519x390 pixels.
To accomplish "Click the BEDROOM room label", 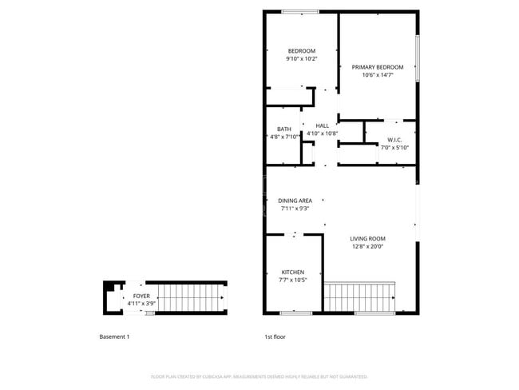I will pyautogui.click(x=302, y=51).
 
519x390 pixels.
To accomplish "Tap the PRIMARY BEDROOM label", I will pyautogui.click(x=378, y=67).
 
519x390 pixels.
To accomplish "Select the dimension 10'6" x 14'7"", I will pyautogui.click(x=378, y=75).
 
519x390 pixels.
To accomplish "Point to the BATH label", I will pyautogui.click(x=283, y=129).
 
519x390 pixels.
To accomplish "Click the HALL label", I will pyautogui.click(x=322, y=125).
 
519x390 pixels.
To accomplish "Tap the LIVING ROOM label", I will pyautogui.click(x=367, y=238).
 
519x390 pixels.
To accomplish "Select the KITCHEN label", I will pyautogui.click(x=293, y=273).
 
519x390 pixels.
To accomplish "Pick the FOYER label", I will pyautogui.click(x=141, y=296).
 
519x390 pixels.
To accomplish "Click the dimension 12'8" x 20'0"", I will pyautogui.click(x=367, y=247).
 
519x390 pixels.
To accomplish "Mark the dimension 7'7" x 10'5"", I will pyautogui.click(x=293, y=281).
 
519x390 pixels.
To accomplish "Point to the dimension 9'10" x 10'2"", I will pyautogui.click(x=302, y=59).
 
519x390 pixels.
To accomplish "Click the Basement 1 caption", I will pyautogui.click(x=114, y=336).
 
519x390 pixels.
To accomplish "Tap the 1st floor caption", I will pyautogui.click(x=275, y=336).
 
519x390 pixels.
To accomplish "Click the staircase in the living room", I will pyautogui.click(x=359, y=296).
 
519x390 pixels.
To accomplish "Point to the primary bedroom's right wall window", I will pyautogui.click(x=417, y=58).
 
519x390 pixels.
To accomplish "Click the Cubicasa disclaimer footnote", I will pyautogui.click(x=259, y=376).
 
